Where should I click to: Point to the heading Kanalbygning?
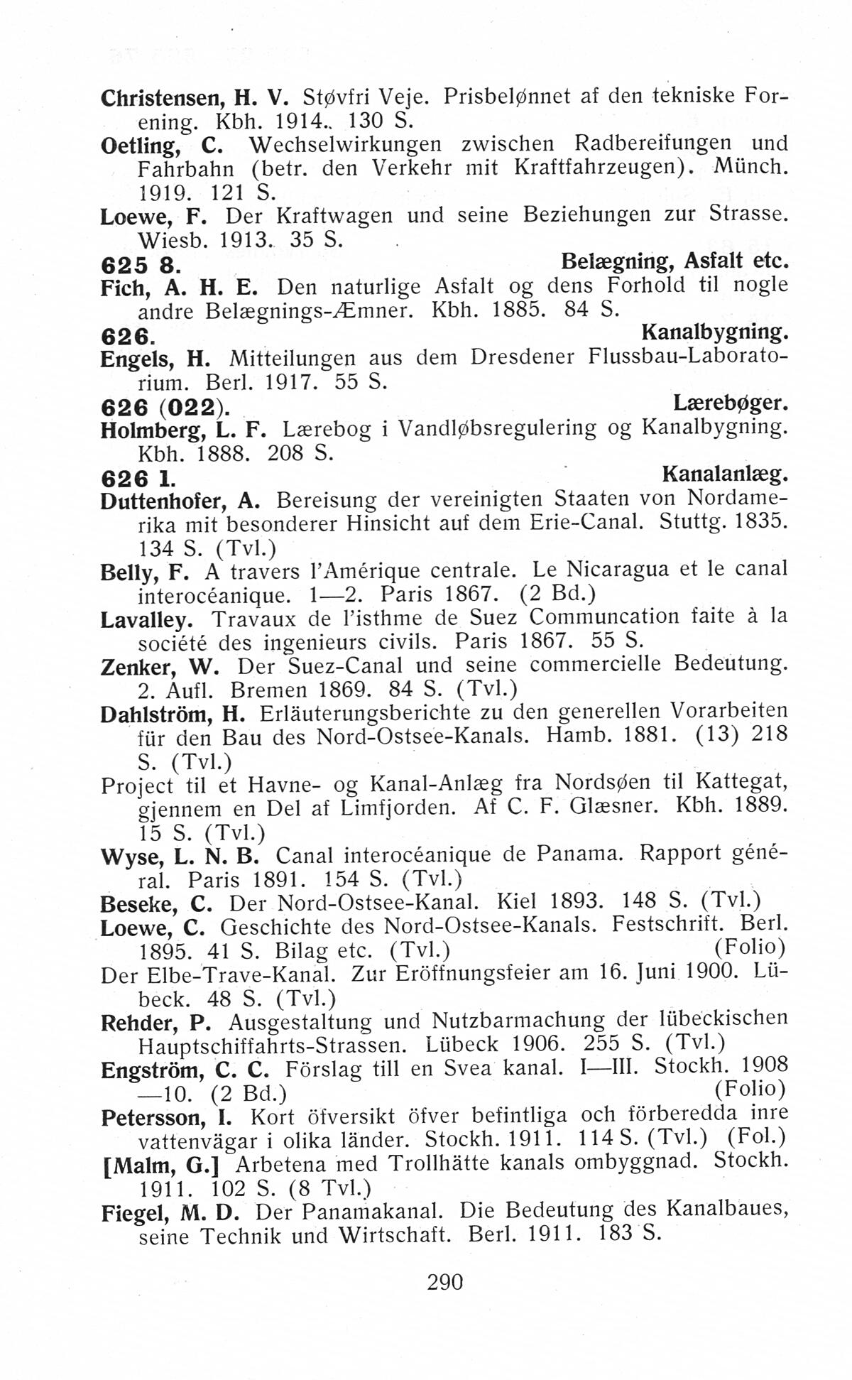(x=715, y=332)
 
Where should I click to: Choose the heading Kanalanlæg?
(x=726, y=474)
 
